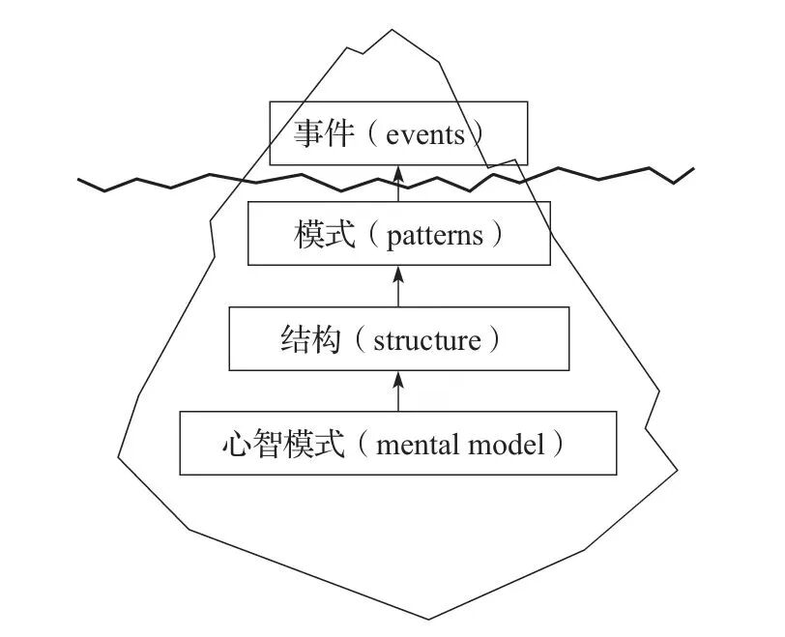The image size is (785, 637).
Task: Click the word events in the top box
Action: point(425,134)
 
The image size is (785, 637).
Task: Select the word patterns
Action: point(435,235)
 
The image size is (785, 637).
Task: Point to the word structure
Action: point(426,340)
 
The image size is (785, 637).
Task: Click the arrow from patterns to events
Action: point(398,184)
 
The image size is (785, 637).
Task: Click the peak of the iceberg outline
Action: point(393,30)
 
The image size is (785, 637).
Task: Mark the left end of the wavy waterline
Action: point(79,180)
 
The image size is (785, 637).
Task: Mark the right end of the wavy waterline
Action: point(693,170)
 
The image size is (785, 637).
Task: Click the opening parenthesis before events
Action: point(373,134)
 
